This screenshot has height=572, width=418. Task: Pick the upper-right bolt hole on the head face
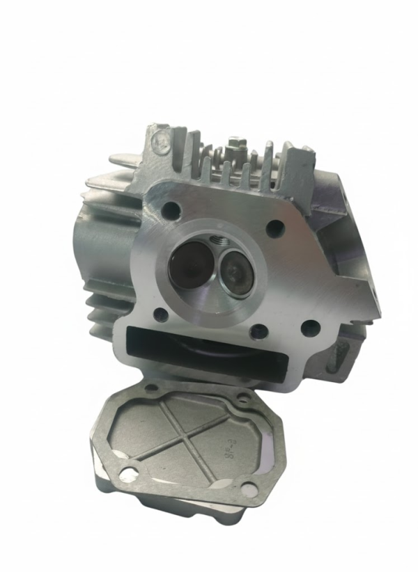click(x=277, y=225)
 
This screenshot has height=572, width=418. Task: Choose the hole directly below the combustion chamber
click(x=255, y=329)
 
